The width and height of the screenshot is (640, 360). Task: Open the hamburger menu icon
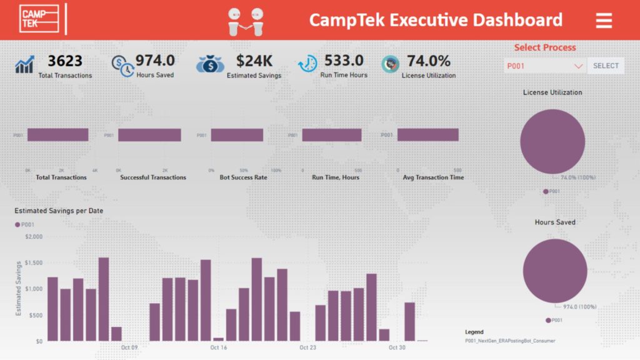(x=603, y=20)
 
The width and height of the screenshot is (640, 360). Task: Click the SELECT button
(x=605, y=66)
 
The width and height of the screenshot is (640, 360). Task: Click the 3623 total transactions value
(x=65, y=61)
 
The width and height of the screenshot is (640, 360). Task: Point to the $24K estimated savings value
(x=254, y=61)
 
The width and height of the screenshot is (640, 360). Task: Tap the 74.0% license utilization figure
(x=428, y=61)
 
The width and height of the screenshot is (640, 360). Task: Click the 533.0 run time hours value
(x=343, y=61)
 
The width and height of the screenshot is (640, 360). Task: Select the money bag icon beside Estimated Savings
(x=210, y=64)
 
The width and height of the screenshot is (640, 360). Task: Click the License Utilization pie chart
(x=552, y=141)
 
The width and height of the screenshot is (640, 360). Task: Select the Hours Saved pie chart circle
(x=554, y=271)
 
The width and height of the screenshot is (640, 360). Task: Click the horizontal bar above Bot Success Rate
(x=237, y=135)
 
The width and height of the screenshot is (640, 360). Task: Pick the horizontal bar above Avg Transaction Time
(x=427, y=135)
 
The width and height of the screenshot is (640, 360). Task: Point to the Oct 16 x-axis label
(x=219, y=347)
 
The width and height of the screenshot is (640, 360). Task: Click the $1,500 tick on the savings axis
(x=34, y=263)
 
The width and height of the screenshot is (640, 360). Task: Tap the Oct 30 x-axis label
(x=397, y=347)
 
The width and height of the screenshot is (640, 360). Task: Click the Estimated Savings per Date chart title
(x=59, y=211)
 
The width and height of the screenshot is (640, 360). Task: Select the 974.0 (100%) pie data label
(x=578, y=307)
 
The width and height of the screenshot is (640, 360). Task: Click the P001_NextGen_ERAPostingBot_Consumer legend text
(x=509, y=341)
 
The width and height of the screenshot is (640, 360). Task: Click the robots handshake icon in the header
(x=246, y=21)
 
